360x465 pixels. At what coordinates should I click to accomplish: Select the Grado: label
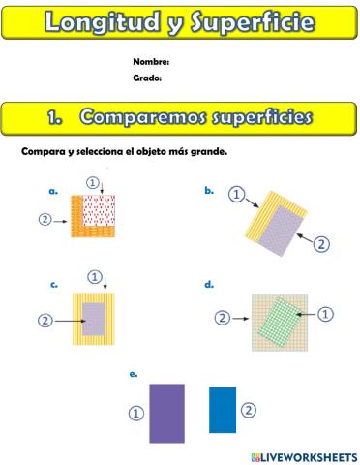coord(147,78)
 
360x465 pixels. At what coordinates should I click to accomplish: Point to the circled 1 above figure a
coord(93,181)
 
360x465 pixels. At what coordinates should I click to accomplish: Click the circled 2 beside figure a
coord(45,219)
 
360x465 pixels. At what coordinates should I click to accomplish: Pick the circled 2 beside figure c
coord(45,320)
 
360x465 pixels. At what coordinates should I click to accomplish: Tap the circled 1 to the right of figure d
coord(325,313)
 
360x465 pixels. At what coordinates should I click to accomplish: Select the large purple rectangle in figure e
coord(166,413)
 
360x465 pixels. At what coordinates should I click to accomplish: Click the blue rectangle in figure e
coord(223,409)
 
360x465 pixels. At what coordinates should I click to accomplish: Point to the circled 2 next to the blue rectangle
coord(249,410)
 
